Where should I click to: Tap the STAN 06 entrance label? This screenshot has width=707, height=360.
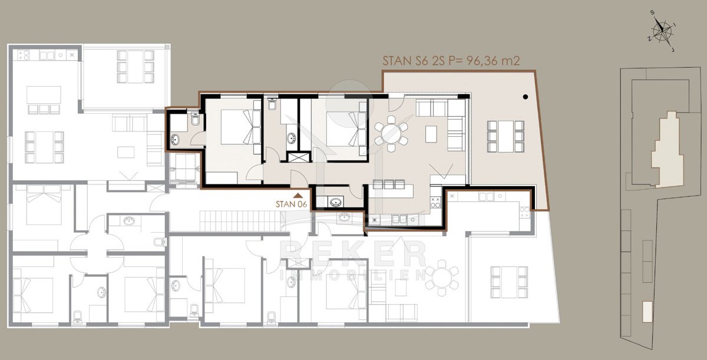pyautogui.click(x=291, y=204)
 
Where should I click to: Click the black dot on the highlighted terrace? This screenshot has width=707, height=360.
pyautogui.click(x=525, y=97)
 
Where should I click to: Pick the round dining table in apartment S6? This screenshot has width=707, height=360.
pyautogui.click(x=391, y=134)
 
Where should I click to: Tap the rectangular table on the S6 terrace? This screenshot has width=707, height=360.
pyautogui.click(x=506, y=136)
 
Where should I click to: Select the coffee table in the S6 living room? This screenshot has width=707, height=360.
pyautogui.click(x=431, y=134)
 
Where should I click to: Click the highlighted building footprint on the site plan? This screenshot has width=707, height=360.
pyautogui.click(x=668, y=150)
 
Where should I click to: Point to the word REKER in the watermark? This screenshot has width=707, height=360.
pyautogui.click(x=352, y=253)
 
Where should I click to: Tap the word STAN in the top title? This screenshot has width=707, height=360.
pyautogui.click(x=397, y=61)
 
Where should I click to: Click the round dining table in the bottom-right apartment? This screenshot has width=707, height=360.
pyautogui.click(x=441, y=278)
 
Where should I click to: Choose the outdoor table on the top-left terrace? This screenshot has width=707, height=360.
pyautogui.click(x=136, y=67)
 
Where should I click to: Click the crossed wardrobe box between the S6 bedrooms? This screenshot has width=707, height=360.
pyautogui.click(x=299, y=157)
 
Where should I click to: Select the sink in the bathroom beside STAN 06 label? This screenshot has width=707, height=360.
pyautogui.click(x=335, y=202)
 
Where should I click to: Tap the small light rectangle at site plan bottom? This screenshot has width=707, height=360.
pyautogui.click(x=647, y=312)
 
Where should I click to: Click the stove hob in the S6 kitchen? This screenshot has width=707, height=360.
pyautogui.click(x=435, y=202)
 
